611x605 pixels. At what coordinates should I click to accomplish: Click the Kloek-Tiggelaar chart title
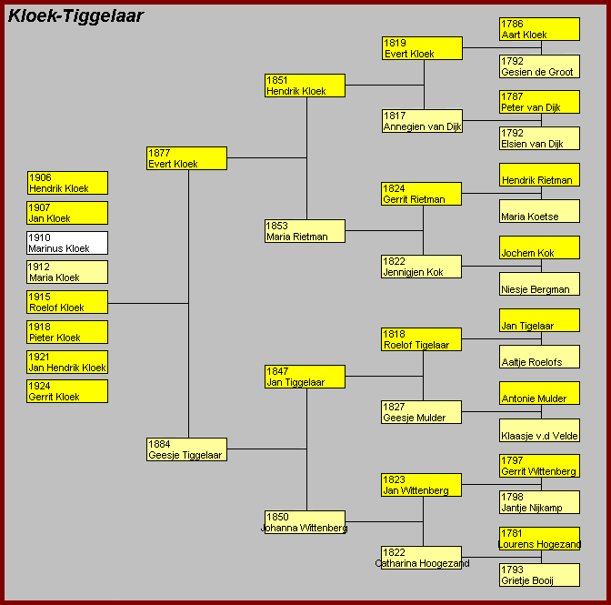tap(75, 16)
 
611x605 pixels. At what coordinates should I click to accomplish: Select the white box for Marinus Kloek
tap(67, 243)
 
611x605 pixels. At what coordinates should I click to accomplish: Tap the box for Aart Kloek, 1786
tap(539, 29)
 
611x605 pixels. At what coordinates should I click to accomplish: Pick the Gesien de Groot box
tap(539, 66)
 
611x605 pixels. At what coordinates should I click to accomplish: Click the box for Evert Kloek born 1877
tap(186, 158)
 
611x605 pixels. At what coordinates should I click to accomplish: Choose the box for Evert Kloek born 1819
tap(422, 48)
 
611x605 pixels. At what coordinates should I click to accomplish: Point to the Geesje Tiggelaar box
tap(186, 449)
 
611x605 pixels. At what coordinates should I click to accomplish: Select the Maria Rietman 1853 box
tap(305, 231)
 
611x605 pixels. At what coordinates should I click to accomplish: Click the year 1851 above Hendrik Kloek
tap(277, 80)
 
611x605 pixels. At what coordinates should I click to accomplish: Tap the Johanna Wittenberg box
tap(305, 522)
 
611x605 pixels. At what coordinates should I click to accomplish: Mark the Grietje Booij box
tap(539, 575)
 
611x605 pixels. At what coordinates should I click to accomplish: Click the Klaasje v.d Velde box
tap(539, 430)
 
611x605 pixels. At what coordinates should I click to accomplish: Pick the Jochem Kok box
tap(539, 247)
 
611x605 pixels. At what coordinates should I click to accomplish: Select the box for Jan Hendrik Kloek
tap(67, 362)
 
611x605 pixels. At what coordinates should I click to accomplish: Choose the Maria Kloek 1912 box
tap(67, 272)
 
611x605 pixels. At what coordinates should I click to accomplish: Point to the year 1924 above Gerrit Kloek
tap(39, 386)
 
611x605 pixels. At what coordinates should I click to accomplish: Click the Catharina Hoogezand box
tap(421, 558)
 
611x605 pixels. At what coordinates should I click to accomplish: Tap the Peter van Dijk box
tap(539, 102)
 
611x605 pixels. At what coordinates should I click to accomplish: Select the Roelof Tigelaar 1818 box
tap(421, 339)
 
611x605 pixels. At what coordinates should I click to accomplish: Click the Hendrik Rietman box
tap(539, 175)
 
